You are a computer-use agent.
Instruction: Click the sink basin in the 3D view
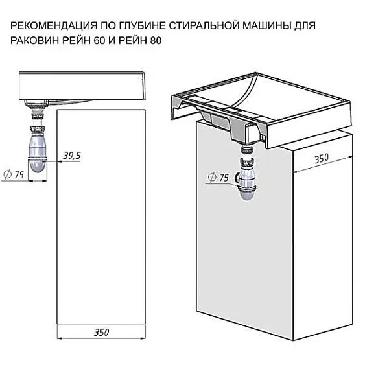coord(253,104)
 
